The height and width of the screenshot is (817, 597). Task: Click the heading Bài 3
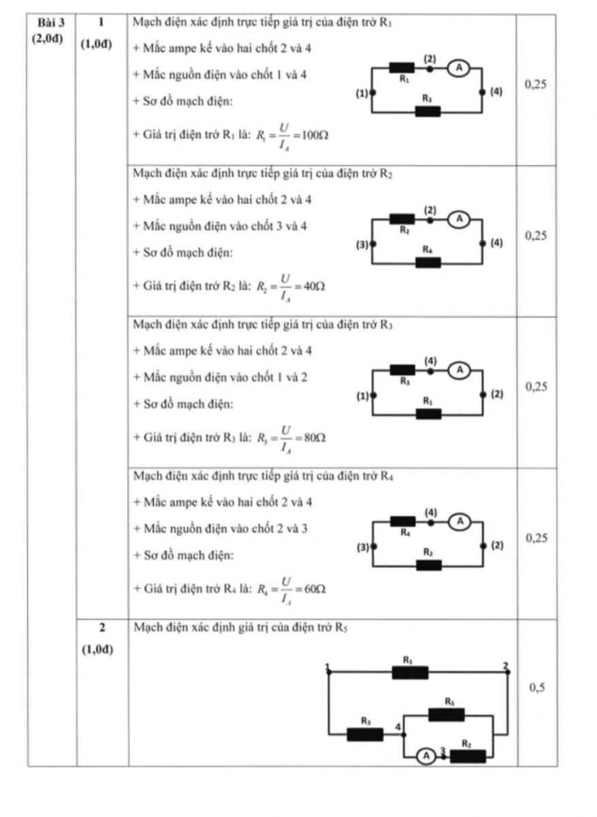click(x=51, y=23)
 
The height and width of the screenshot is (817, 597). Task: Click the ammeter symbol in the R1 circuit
click(x=459, y=68)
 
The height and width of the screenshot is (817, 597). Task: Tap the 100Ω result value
click(x=314, y=135)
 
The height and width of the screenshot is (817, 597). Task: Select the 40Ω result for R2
click(x=314, y=287)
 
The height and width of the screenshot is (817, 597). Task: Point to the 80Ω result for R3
click(x=314, y=437)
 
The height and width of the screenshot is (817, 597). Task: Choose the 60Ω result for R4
click(x=314, y=589)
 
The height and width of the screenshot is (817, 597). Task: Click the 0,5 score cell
click(x=537, y=688)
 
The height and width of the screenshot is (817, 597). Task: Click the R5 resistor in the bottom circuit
click(x=447, y=715)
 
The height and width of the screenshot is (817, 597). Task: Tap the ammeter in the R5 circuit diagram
click(x=426, y=756)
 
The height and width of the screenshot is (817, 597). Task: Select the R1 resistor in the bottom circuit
click(x=410, y=673)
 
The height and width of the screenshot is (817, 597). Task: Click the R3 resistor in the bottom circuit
click(x=365, y=735)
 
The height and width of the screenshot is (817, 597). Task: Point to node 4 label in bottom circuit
click(x=398, y=727)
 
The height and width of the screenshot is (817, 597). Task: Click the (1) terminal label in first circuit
click(x=362, y=94)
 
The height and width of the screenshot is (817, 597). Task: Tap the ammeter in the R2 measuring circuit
click(x=459, y=219)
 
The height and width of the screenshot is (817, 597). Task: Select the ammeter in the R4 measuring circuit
click(x=460, y=522)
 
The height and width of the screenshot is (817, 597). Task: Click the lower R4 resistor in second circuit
click(x=428, y=262)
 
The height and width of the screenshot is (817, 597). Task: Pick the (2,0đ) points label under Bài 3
click(x=48, y=39)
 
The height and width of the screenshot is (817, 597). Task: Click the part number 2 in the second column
click(x=102, y=627)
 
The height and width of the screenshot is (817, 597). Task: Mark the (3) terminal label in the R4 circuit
click(x=363, y=547)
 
